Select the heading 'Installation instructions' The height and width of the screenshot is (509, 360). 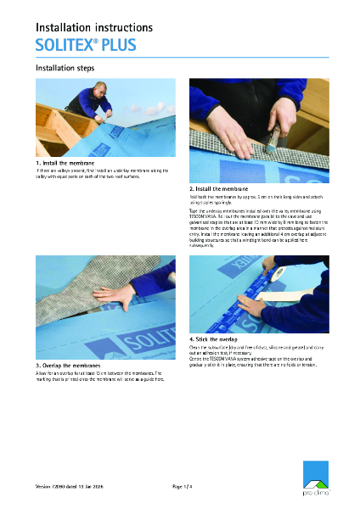[x=93, y=28]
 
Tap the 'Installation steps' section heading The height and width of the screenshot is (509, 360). [x=64, y=68]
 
